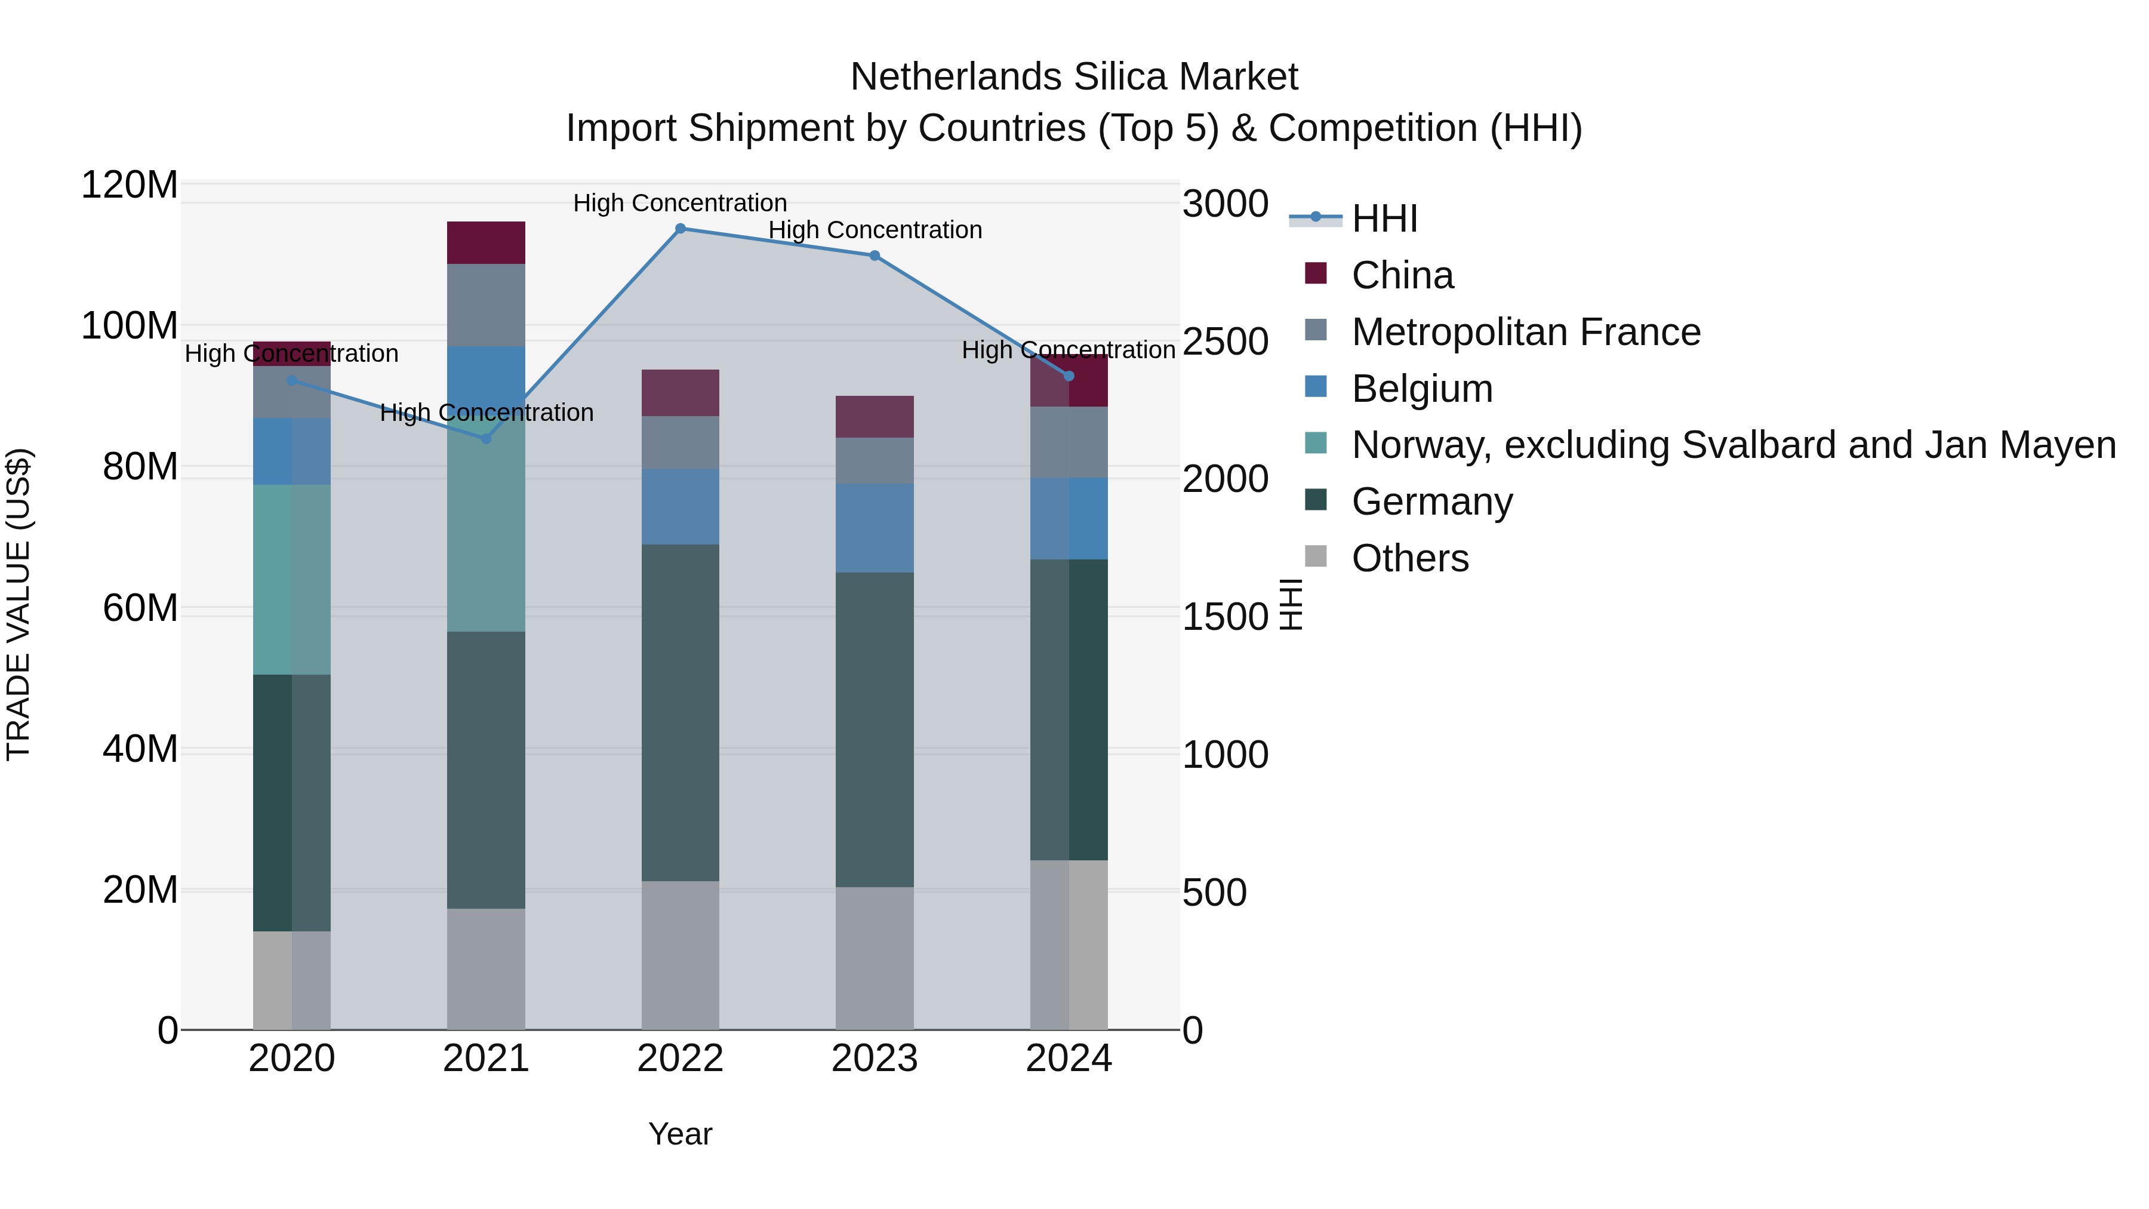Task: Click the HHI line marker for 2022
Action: tap(680, 229)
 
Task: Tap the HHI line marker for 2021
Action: tap(487, 439)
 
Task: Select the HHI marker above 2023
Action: tap(875, 256)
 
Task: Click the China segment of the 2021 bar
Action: tap(487, 243)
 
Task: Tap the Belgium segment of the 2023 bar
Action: tap(875, 528)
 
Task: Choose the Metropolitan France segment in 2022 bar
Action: tap(680, 442)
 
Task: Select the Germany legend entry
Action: tap(1431, 502)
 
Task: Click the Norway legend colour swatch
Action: tap(1316, 443)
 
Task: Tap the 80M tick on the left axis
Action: tap(140, 467)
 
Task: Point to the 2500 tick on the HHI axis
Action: tap(1225, 342)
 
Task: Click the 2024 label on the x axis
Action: tap(1069, 1059)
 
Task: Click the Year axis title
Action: tap(680, 1134)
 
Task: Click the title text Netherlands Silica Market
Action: tap(1074, 77)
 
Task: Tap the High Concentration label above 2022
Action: tap(680, 203)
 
